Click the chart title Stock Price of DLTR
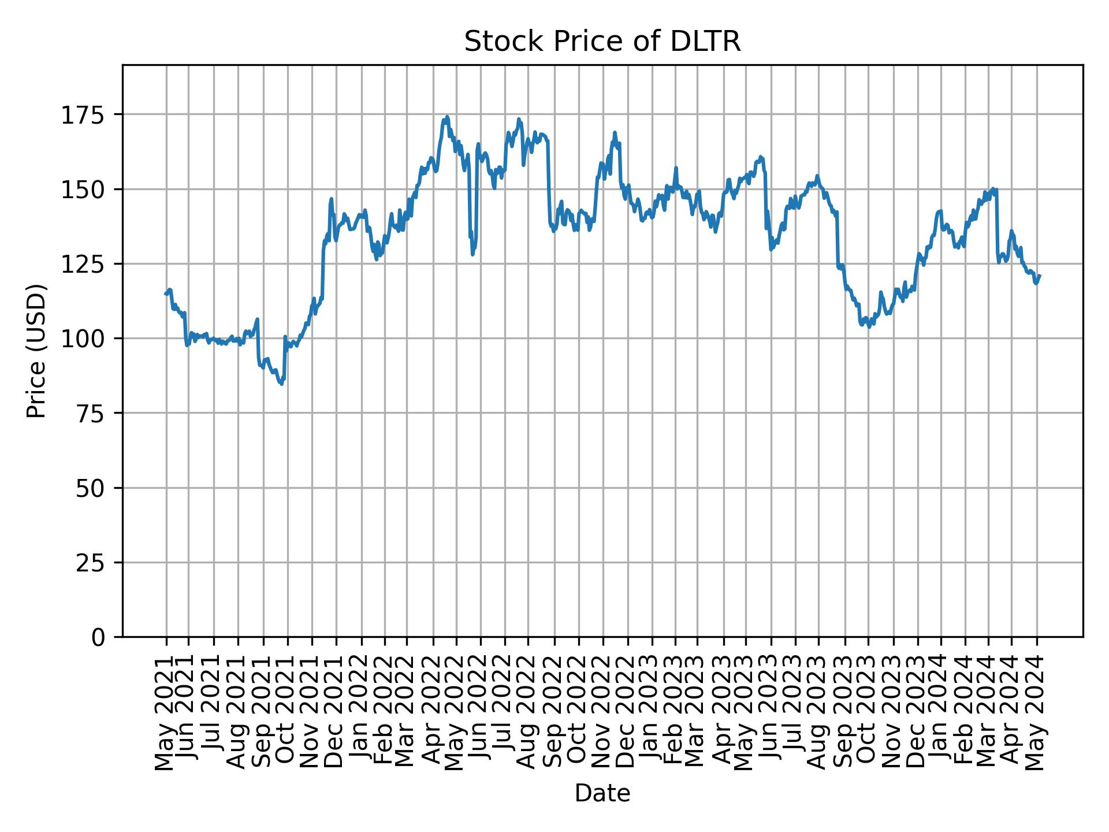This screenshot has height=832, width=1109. pyautogui.click(x=602, y=42)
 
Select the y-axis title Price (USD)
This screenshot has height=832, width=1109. pyautogui.click(x=36, y=351)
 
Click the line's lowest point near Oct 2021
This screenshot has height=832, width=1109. pyautogui.click(x=281, y=384)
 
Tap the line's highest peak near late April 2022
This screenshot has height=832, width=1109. pyautogui.click(x=447, y=117)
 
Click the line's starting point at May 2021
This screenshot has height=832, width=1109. pyautogui.click(x=166, y=294)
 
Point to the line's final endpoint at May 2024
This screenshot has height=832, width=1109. pyautogui.click(x=1040, y=276)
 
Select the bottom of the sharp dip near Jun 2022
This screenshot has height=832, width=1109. pyautogui.click(x=472, y=255)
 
